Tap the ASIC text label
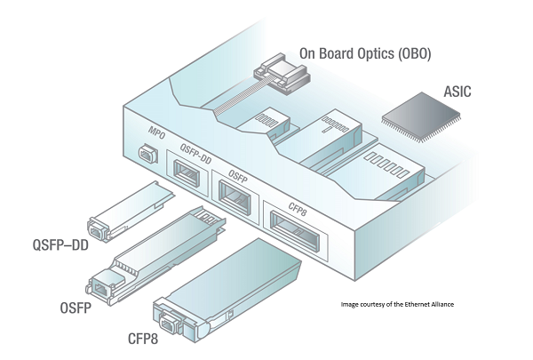click(x=462, y=92)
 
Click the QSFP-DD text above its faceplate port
click(x=195, y=148)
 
